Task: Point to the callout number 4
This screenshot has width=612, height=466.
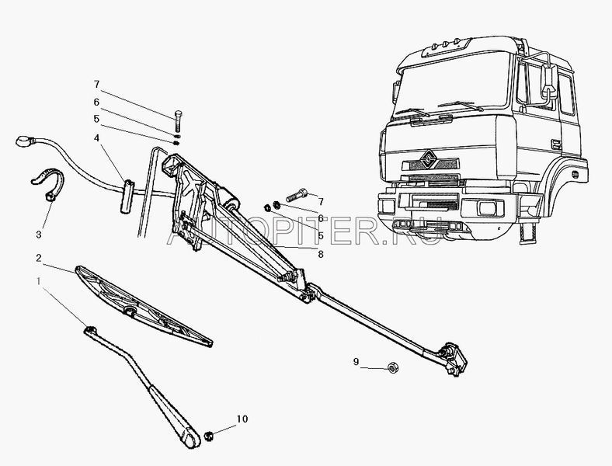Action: click(x=97, y=139)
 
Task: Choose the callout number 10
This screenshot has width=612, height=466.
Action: click(x=242, y=420)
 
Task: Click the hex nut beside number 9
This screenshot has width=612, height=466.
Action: click(x=392, y=365)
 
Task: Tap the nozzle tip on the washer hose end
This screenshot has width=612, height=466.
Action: click(x=23, y=143)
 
